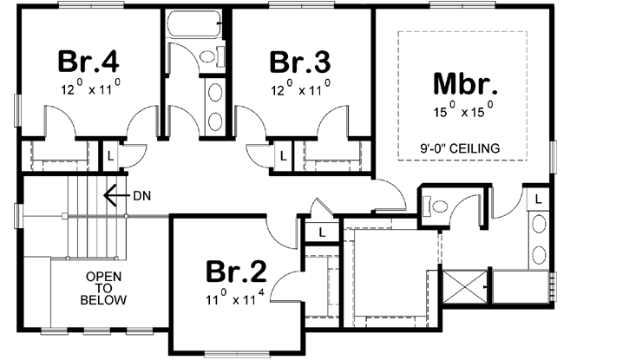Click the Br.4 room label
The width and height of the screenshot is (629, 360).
coord(89,62)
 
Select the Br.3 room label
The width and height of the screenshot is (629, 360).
coord(299,62)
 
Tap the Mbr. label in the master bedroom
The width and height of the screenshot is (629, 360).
coord(464,84)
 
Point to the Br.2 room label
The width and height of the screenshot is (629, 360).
coord(235,272)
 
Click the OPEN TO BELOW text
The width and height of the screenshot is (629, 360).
coord(104,289)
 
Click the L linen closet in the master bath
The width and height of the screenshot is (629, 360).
coord(538,199)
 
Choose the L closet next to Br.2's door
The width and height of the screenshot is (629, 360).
coord(322,232)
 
